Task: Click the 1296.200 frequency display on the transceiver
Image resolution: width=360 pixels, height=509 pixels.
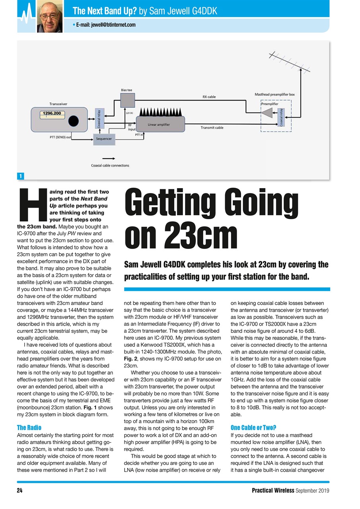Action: pyautogui.click(x=52, y=114)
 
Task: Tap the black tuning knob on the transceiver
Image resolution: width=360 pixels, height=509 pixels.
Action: pyautogui.click(x=73, y=120)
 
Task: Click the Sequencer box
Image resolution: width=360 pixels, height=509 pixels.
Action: pyautogui.click(x=104, y=139)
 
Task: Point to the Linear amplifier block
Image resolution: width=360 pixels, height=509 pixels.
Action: pyautogui.click(x=160, y=124)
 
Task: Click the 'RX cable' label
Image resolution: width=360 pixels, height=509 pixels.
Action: pyautogui.click(x=209, y=97)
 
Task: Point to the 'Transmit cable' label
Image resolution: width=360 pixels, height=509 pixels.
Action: pyautogui.click(x=212, y=128)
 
